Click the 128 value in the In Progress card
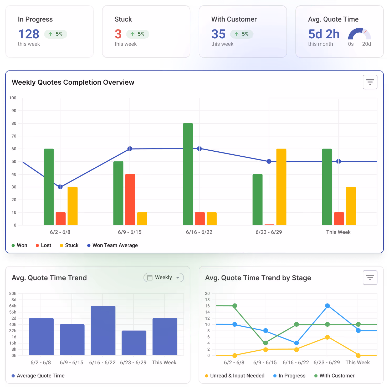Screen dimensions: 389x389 pyautogui.click(x=29, y=34)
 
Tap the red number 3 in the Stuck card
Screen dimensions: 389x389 pyautogui.click(x=118, y=34)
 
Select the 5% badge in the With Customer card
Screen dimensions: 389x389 pyautogui.click(x=242, y=34)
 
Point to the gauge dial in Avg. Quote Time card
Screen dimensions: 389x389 pyautogui.click(x=359, y=34)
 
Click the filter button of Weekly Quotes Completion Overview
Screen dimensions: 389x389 pyautogui.click(x=370, y=82)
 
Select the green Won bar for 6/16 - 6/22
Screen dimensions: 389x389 pyautogui.click(x=188, y=174)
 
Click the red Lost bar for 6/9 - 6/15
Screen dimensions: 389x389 pyautogui.click(x=130, y=199)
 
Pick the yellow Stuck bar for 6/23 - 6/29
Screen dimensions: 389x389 pyautogui.click(x=281, y=187)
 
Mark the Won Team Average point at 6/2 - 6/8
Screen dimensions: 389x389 pyautogui.click(x=60, y=187)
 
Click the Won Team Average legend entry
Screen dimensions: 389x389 pyautogui.click(x=112, y=245)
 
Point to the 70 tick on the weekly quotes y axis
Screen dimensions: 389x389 pyautogui.click(x=14, y=136)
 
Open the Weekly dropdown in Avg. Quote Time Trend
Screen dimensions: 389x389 pyautogui.click(x=163, y=278)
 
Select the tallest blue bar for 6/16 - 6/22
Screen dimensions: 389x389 pyautogui.click(x=103, y=330)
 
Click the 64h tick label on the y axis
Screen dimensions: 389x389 pyautogui.click(x=13, y=306)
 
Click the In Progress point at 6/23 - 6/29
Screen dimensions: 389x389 pyautogui.click(x=327, y=306)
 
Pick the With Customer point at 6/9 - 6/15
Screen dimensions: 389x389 pyautogui.click(x=265, y=343)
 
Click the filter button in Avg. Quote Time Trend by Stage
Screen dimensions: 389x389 pyautogui.click(x=370, y=278)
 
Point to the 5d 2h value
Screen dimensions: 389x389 pyautogui.click(x=324, y=34)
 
